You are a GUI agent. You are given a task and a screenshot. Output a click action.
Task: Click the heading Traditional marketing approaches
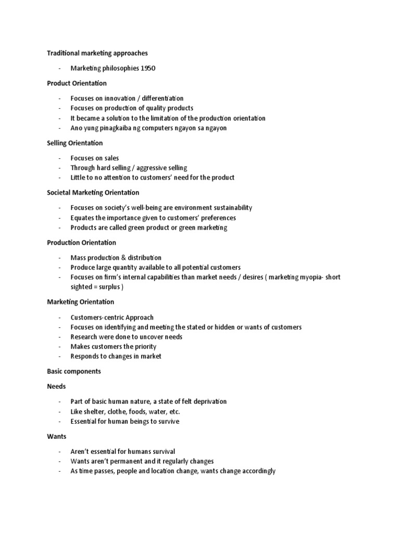pos(97,53)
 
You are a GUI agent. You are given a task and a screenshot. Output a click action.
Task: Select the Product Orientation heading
pos(77,83)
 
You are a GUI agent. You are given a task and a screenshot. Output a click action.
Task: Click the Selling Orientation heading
pos(75,143)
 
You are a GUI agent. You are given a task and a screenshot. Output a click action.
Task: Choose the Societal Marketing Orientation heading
pos(93,193)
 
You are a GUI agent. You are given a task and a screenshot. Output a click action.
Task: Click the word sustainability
pos(228,208)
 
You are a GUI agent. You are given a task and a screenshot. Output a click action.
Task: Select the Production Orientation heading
pos(82,243)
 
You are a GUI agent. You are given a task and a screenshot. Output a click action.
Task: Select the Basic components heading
pos(74,372)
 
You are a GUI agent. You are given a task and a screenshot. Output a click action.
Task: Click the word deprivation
pos(207,402)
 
